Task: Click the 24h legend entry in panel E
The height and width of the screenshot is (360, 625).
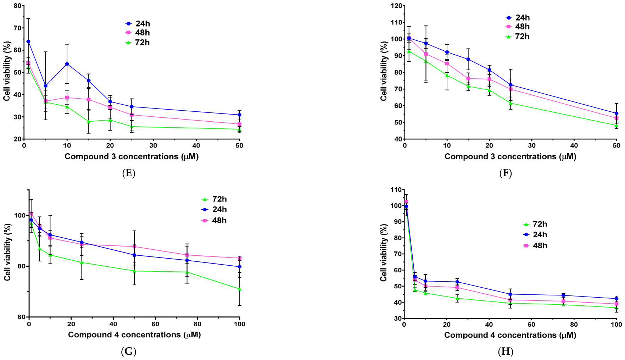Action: point(138,23)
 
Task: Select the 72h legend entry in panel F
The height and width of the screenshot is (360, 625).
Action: point(518,37)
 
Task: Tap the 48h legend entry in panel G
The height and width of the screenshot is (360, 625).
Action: point(214,221)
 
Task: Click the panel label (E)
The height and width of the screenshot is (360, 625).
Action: point(128,173)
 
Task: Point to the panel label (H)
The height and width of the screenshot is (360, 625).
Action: point(506,351)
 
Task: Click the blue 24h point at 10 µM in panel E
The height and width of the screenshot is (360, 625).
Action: point(67,64)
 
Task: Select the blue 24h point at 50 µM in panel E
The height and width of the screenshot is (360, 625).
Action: point(240,115)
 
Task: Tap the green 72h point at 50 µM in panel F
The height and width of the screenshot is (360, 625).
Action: point(616,125)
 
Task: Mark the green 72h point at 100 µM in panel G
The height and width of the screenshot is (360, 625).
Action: point(240,289)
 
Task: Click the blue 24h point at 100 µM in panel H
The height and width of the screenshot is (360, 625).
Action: point(616,299)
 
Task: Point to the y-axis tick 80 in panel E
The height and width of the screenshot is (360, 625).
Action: point(17,6)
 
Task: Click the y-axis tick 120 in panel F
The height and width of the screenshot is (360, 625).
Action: point(396,6)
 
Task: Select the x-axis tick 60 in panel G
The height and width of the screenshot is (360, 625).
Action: point(155,324)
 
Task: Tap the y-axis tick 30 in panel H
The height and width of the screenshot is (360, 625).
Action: point(397,319)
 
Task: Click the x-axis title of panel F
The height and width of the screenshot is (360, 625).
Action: point(510,156)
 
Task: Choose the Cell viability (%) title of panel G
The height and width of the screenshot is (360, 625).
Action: point(7,252)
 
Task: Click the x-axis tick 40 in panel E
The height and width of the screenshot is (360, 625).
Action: point(196,145)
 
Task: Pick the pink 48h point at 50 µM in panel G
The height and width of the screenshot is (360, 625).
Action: point(134,247)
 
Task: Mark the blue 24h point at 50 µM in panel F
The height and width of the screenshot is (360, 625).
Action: point(616,113)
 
